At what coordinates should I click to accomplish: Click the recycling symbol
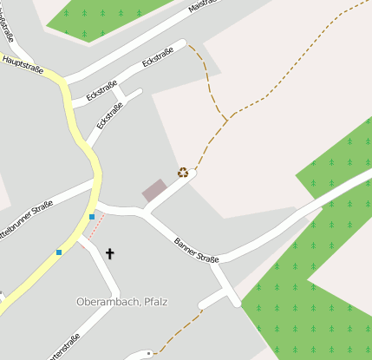[183, 172]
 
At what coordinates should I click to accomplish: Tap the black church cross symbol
[110, 253]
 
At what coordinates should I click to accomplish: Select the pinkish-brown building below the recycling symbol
[154, 191]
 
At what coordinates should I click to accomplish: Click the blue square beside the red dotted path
[92, 216]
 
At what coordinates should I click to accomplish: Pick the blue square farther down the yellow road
[59, 252]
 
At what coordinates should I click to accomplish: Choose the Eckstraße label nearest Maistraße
[157, 60]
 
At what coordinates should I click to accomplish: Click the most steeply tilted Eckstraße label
[109, 115]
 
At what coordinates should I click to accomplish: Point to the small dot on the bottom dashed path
[149, 353]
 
